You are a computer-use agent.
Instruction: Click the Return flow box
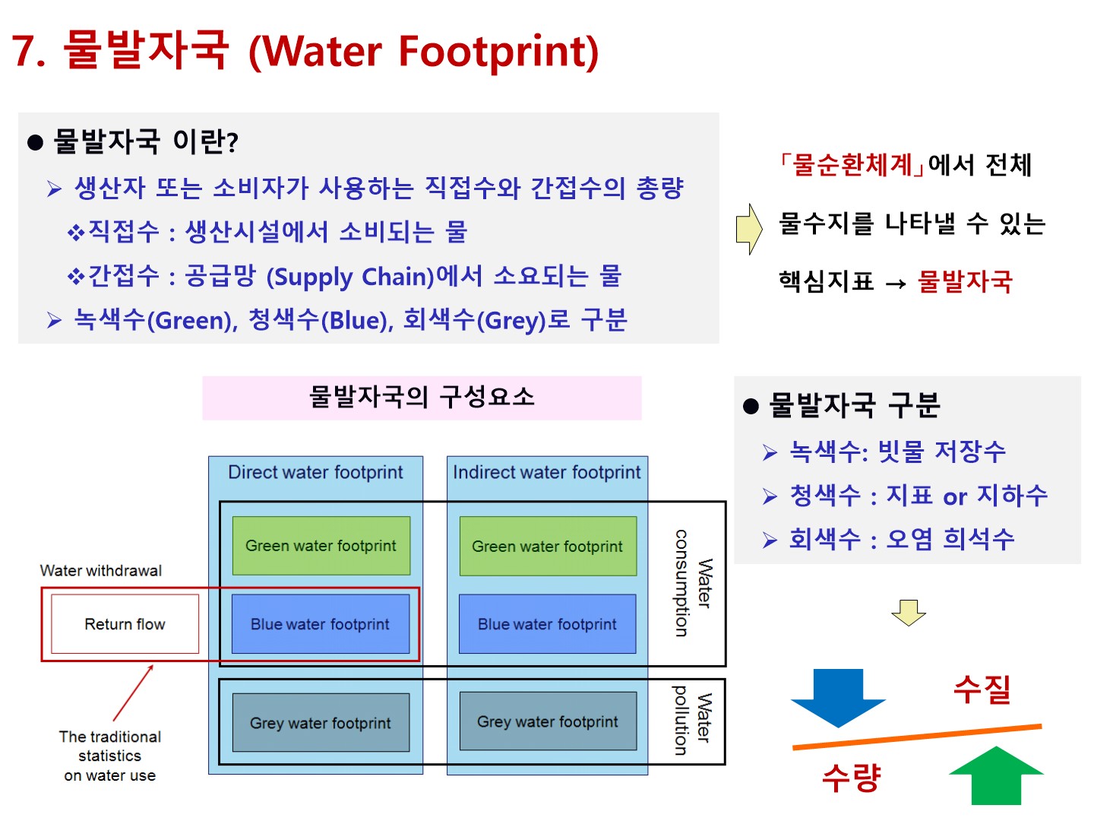pos(125,623)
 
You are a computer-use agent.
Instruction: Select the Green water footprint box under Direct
pos(321,546)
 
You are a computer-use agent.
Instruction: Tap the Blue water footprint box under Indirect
pos(547,623)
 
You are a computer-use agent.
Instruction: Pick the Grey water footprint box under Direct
pos(321,722)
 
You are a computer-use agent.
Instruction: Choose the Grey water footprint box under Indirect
pos(548,721)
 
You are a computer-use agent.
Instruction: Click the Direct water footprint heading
pos(315,472)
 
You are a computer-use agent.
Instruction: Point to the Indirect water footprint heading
pos(547,472)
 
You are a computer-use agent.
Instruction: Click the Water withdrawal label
pos(101,570)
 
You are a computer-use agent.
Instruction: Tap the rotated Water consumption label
pos(694,583)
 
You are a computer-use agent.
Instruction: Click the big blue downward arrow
pos(838,699)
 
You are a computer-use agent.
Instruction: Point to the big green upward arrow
pos(996,775)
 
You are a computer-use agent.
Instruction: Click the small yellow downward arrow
pos(909,613)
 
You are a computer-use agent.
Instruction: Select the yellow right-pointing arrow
pos(749,230)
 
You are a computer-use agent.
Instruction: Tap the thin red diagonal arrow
pos(133,693)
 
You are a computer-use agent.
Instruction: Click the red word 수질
pos(982,689)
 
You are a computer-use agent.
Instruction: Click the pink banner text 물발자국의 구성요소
pos(422,398)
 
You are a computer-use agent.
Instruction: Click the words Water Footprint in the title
pos(424,52)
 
